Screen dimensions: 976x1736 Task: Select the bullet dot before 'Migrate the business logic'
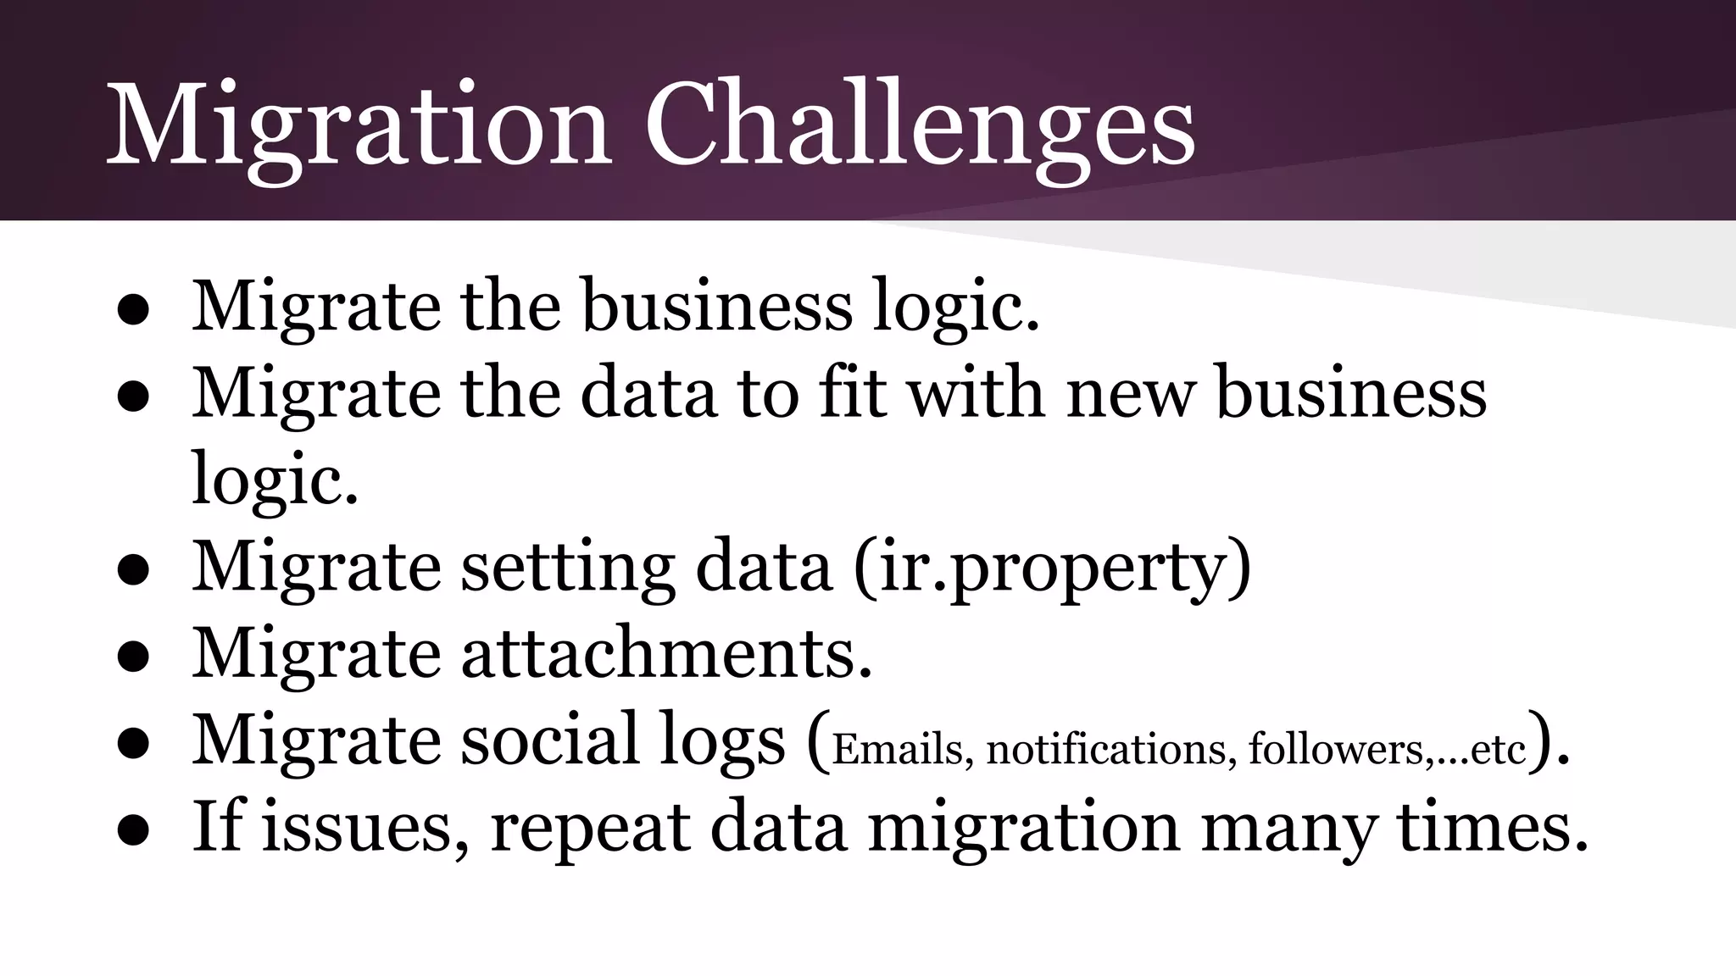[134, 310]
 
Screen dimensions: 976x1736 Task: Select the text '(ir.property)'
[1052, 568]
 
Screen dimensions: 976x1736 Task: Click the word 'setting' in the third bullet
[567, 568]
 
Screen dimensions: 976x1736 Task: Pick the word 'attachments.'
[666, 654]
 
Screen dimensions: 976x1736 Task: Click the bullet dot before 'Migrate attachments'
[134, 657]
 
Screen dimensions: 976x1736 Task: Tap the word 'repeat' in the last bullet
[589, 829]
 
